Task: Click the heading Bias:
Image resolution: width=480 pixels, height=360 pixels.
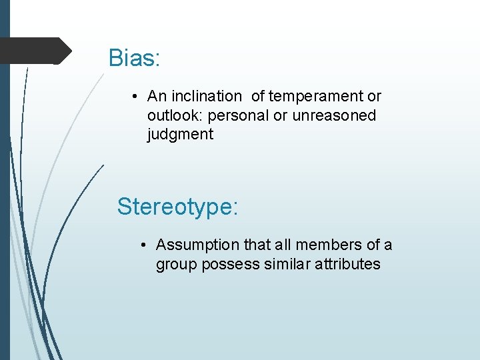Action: click(x=134, y=59)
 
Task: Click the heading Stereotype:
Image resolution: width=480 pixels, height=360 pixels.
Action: click(x=177, y=207)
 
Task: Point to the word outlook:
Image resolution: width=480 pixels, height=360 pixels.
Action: click(x=175, y=115)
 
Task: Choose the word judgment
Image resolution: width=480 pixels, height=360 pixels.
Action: click(x=180, y=135)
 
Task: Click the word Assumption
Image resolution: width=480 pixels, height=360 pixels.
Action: click(x=195, y=245)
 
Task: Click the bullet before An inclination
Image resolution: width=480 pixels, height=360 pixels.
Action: click(x=135, y=97)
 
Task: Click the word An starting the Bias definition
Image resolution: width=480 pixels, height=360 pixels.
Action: click(x=156, y=97)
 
